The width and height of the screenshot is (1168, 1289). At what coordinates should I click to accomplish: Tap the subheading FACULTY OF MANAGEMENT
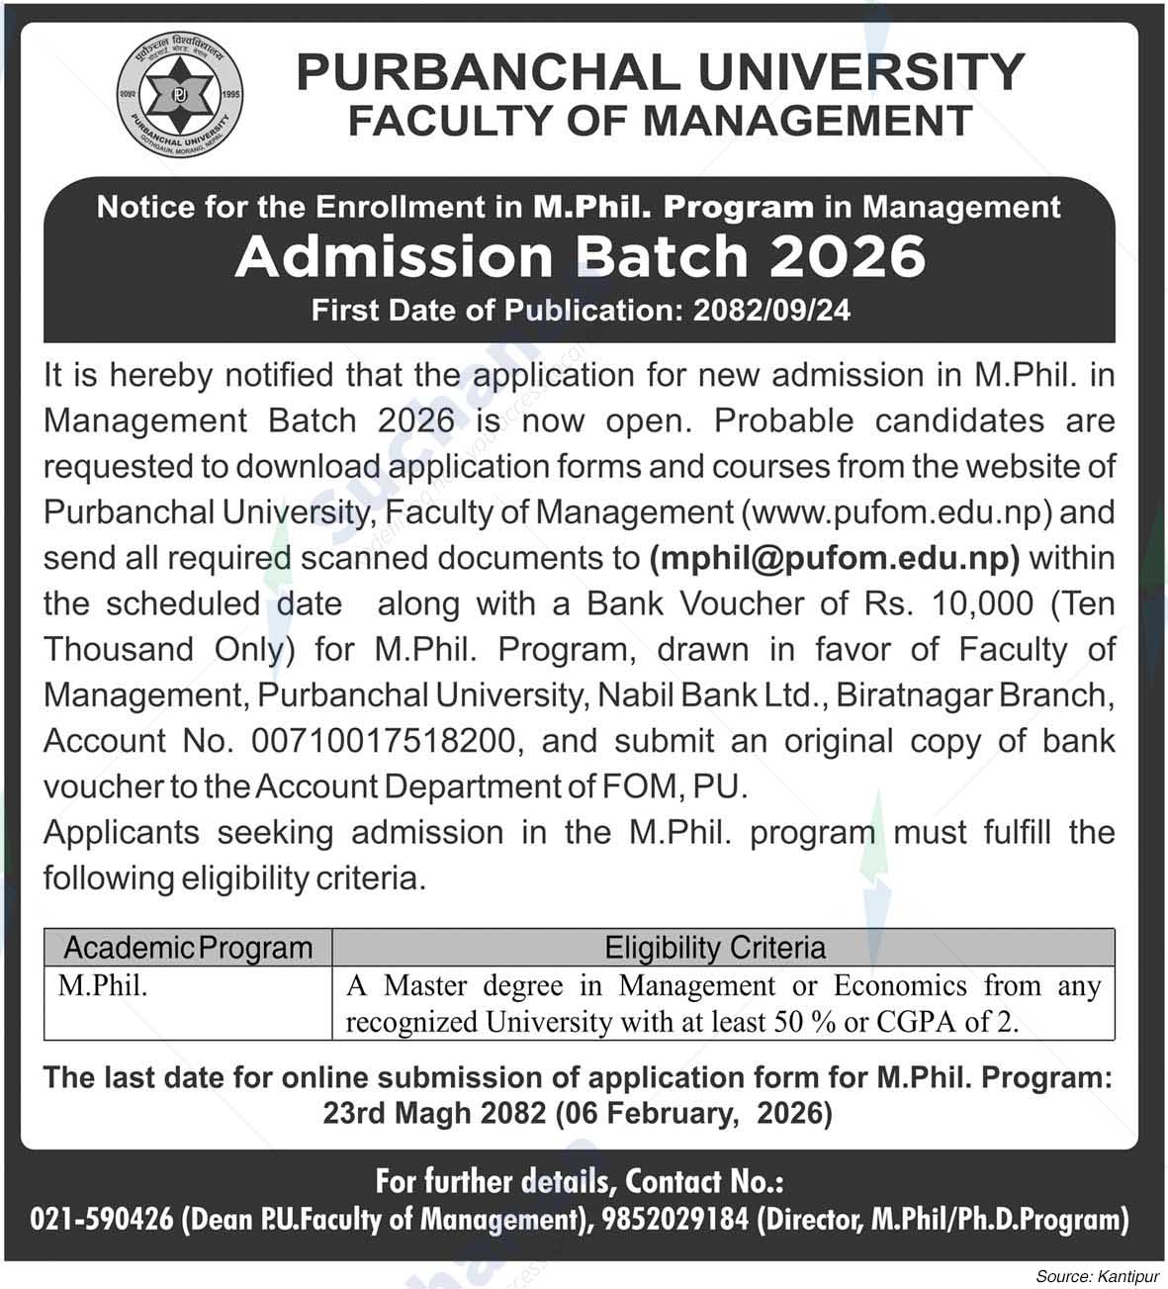[x=660, y=121]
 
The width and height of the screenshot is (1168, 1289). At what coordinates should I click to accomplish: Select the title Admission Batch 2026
[x=580, y=256]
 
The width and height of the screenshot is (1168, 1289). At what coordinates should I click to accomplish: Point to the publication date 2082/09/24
[x=771, y=310]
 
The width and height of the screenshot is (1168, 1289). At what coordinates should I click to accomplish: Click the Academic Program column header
[x=188, y=948]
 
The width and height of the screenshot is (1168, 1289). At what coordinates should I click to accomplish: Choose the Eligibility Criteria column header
[x=715, y=948]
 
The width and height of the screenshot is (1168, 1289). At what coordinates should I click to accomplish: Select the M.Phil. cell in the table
[x=103, y=985]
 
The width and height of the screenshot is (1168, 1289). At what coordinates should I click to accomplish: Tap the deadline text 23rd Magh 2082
[x=434, y=1113]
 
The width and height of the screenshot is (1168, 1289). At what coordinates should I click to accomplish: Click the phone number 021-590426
[x=102, y=1220]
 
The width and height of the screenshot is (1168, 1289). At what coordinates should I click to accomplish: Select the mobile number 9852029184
[x=671, y=1220]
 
